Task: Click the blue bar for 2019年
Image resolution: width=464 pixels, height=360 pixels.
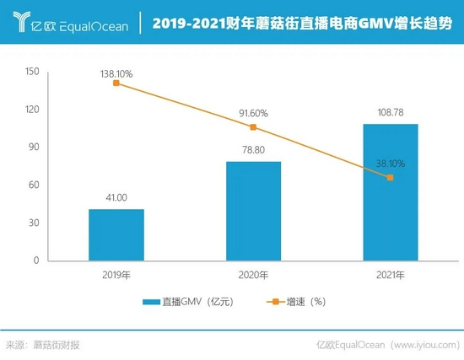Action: click(x=116, y=235)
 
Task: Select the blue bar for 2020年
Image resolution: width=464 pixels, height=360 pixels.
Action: click(x=253, y=211)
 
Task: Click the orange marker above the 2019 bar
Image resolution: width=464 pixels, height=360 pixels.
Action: click(x=116, y=83)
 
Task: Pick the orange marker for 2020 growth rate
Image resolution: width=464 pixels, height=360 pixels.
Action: click(x=253, y=127)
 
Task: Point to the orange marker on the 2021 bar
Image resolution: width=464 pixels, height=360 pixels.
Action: click(x=390, y=177)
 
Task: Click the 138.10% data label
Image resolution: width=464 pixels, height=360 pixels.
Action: click(x=116, y=74)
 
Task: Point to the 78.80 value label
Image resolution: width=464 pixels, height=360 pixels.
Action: click(x=253, y=150)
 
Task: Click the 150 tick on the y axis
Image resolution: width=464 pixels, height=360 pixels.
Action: click(x=32, y=72)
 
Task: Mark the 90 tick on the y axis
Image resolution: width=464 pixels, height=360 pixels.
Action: click(x=35, y=147)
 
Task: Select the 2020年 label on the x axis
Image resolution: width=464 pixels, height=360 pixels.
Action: click(x=253, y=274)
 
